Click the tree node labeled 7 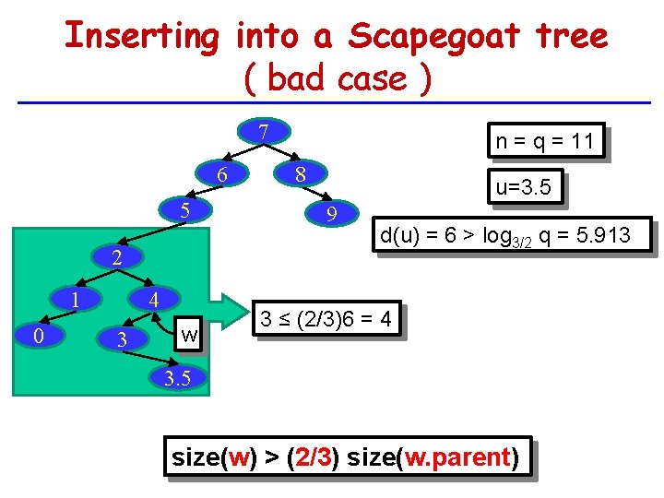pos(263,132)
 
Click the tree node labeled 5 pos(184,211)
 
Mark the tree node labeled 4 pos(156,300)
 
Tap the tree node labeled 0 pos(37,337)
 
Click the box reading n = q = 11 pos(544,141)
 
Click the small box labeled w pos(189,333)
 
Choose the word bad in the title pos(298,79)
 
